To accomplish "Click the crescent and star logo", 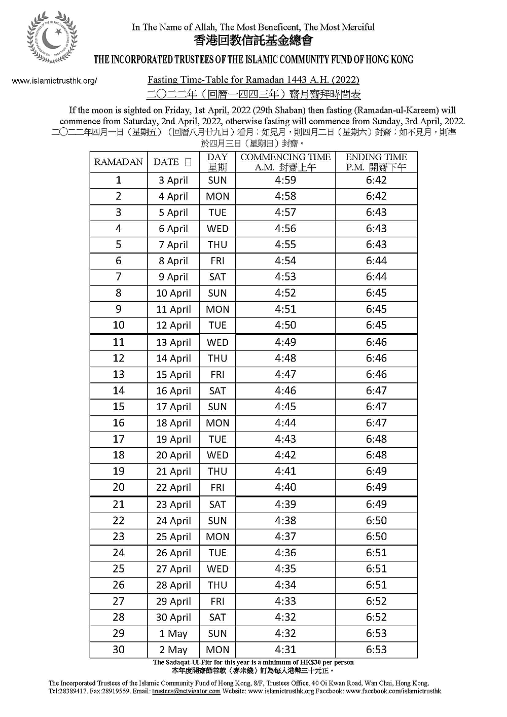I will (x=52, y=39).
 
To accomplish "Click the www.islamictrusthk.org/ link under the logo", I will (x=54, y=81).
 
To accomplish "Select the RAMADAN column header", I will (x=119, y=162).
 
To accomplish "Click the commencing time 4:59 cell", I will (x=285, y=180).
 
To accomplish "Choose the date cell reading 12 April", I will (x=173, y=326).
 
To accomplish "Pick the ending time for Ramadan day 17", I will (x=376, y=439).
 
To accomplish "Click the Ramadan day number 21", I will (x=119, y=505).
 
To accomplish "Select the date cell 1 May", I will (x=173, y=634).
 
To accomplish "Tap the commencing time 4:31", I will (x=285, y=650).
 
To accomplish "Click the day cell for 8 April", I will (x=217, y=261).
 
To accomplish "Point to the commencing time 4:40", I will (x=285, y=487).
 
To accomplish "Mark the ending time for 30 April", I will (x=376, y=618).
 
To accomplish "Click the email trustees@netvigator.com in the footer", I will (x=186, y=691).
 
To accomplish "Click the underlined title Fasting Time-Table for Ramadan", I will (x=253, y=80).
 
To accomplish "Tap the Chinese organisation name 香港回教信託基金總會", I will (x=253, y=40).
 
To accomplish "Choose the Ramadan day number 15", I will (x=119, y=407).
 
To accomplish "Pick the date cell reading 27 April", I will (x=173, y=569).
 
